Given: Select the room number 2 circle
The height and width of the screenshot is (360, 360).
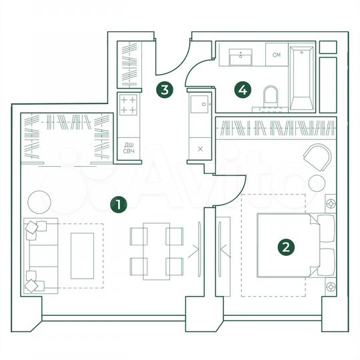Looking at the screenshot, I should pos(286,247).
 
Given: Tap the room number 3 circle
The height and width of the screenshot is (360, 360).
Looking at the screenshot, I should pos(165,89).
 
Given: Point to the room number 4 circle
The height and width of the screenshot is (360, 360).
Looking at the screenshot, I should pos(244,88).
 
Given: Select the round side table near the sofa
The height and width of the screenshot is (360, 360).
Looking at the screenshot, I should pos(38,199).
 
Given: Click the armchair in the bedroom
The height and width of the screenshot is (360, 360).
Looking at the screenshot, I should pos(316,158).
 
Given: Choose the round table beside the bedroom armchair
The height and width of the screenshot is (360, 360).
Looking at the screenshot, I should pos(317,183).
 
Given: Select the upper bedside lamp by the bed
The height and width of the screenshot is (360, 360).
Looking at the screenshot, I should pos(330,203).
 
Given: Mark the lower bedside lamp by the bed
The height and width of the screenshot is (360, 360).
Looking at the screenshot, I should pos(330,286).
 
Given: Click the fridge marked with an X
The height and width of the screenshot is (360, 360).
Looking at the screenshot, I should pos(201,149).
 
